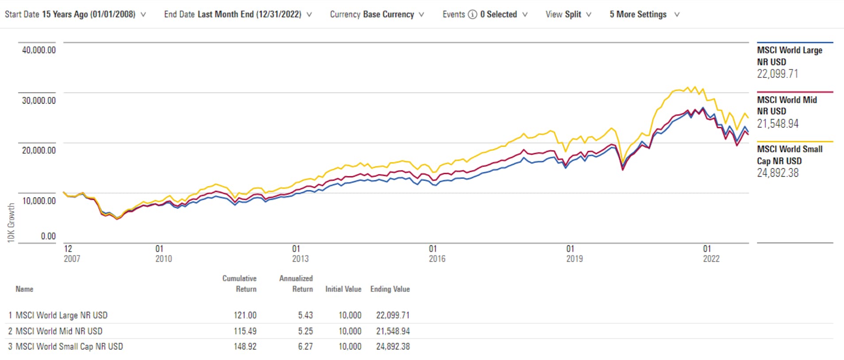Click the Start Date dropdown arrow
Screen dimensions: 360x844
[143, 15]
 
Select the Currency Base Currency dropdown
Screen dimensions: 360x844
[377, 15]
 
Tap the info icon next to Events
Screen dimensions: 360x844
[473, 15]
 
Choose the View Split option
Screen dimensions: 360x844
[568, 15]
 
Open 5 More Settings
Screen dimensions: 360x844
[644, 15]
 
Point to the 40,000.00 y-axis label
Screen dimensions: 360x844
[39, 50]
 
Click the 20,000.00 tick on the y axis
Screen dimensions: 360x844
[39, 151]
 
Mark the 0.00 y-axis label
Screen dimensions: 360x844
[48, 236]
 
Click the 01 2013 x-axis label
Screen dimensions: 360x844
[300, 254]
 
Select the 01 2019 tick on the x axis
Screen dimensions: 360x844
[574, 254]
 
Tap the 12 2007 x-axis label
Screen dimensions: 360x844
[72, 254]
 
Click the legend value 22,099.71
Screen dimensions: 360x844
[777, 74]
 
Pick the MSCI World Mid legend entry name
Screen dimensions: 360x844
[786, 105]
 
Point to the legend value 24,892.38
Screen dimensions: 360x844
[777, 173]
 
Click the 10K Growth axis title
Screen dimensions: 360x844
[11, 223]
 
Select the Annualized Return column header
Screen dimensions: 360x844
[296, 283]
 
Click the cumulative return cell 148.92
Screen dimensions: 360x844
[245, 347]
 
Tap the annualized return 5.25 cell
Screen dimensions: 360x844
[305, 331]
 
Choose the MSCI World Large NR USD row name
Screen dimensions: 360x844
[62, 315]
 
